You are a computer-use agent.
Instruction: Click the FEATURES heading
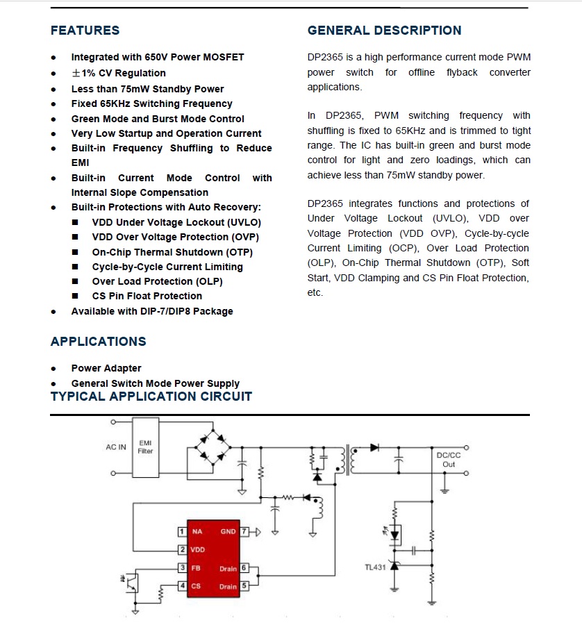[85, 31]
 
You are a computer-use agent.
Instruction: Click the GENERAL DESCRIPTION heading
[384, 31]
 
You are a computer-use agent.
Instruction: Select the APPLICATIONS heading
[98, 342]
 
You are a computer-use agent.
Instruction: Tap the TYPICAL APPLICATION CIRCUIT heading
[151, 397]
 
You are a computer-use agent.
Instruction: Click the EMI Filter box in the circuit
[145, 447]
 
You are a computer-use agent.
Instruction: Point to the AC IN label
[116, 447]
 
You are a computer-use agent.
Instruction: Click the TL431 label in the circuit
[375, 567]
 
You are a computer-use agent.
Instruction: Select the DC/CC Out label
[449, 460]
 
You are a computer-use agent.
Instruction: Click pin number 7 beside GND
[244, 532]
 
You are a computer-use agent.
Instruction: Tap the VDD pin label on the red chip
[197, 550]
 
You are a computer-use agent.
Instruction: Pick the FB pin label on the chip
[196, 568]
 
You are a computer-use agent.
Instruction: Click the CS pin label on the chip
[196, 586]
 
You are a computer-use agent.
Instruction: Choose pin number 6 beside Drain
[244, 568]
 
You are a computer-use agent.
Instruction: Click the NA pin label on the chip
[197, 532]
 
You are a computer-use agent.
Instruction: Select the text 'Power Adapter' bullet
[106, 368]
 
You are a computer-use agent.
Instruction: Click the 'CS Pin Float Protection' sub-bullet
[147, 296]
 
